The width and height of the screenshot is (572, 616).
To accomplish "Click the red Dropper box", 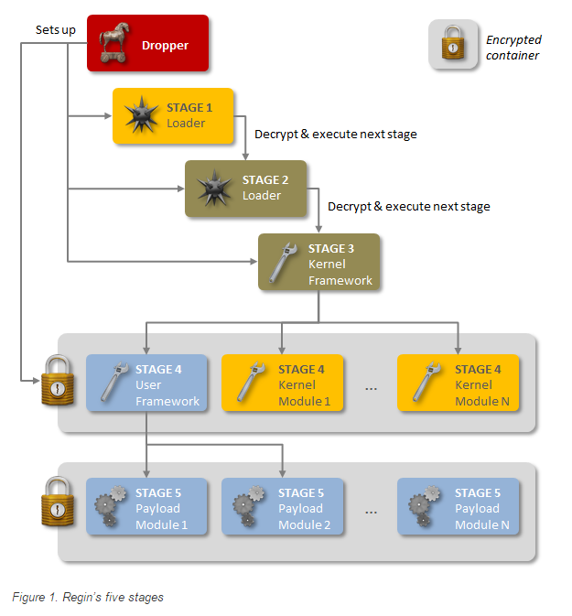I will tap(148, 44).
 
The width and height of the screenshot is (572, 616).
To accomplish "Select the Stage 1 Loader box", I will tap(174, 115).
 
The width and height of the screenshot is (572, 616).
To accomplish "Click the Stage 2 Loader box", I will tap(246, 189).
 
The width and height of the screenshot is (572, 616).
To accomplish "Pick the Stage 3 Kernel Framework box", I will tap(318, 263).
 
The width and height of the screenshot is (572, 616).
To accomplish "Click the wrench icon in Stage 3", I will tap(284, 263).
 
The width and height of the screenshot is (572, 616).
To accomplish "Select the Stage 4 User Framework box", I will tap(146, 384).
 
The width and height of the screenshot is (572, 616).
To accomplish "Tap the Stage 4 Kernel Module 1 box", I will tap(283, 384).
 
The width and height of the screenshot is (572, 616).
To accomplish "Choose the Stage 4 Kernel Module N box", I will tap(459, 384).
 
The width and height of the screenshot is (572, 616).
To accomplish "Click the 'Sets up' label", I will tap(57, 28).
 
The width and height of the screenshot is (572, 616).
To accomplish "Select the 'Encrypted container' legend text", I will tap(513, 48).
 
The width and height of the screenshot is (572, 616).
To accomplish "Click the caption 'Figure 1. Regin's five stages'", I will tap(88, 597).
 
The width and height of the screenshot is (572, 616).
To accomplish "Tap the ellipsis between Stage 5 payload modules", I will tap(371, 511).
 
